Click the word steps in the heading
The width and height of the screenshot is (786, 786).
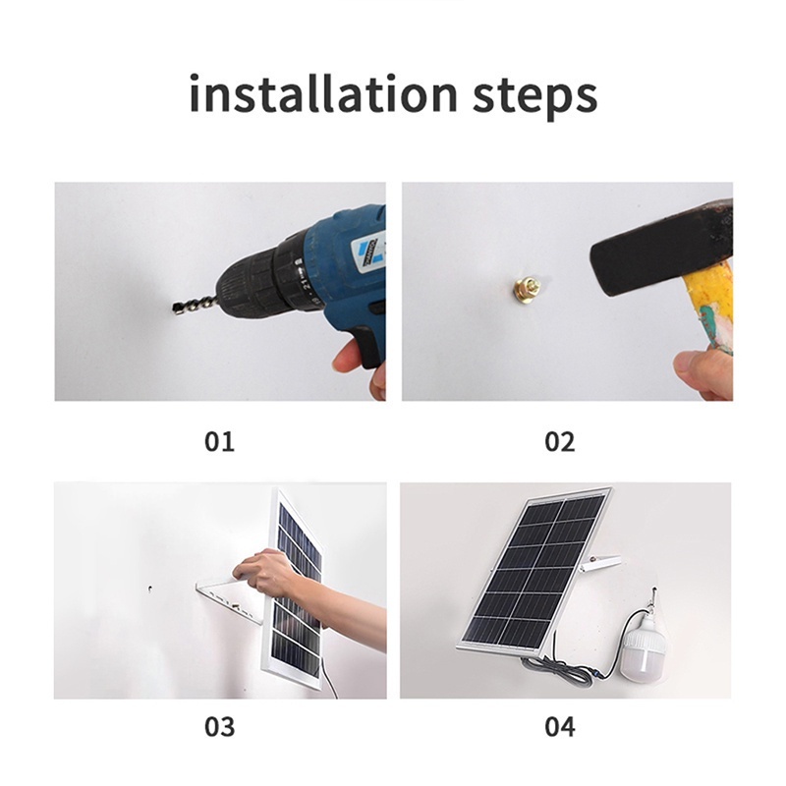(534, 95)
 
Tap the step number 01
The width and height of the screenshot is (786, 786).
(219, 441)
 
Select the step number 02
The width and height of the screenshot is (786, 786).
(560, 441)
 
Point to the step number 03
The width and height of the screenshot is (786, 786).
(219, 726)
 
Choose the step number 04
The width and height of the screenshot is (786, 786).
(560, 726)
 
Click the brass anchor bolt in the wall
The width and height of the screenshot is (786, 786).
(528, 287)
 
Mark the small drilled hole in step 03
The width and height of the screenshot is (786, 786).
(150, 589)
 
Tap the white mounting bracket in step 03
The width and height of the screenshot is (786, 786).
(228, 601)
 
